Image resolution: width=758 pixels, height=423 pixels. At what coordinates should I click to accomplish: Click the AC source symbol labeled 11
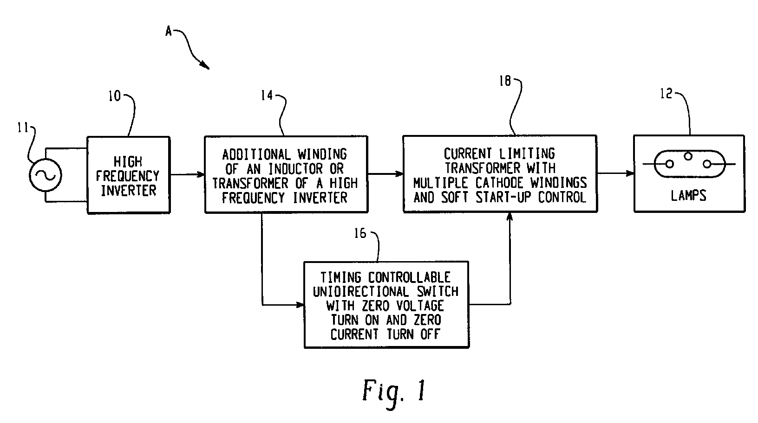point(46,175)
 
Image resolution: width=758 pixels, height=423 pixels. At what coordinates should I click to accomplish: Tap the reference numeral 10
point(114,96)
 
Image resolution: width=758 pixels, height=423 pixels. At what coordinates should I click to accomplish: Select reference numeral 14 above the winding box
point(267,95)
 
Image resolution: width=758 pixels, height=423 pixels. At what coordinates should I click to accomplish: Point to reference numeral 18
point(505,81)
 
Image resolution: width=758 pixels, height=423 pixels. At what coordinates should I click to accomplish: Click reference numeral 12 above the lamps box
point(667,94)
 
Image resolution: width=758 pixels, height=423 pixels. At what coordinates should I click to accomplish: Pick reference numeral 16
point(360,233)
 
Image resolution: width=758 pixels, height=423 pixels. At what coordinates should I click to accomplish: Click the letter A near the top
point(169,32)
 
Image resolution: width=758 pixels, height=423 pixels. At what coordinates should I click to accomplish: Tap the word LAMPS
point(689,196)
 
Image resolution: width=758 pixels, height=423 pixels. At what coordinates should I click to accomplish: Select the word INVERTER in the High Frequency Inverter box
point(129,191)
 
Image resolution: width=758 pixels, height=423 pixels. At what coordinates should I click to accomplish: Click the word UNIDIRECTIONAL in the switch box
point(361,292)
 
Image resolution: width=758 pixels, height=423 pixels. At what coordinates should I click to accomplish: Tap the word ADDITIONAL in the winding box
point(256,154)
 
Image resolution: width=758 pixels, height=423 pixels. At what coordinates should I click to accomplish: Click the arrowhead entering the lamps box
point(630,173)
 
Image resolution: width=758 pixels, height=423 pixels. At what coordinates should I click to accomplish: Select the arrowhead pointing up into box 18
point(510,217)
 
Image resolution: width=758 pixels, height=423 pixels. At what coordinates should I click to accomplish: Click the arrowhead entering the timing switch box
point(301,305)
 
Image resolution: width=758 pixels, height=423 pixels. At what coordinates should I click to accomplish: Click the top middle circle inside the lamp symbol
point(688,156)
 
